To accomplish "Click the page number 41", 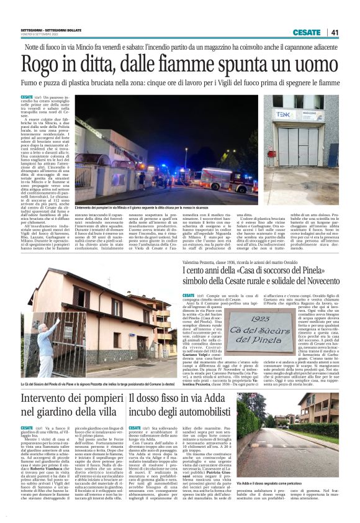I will pyautogui.click(x=335, y=32).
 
